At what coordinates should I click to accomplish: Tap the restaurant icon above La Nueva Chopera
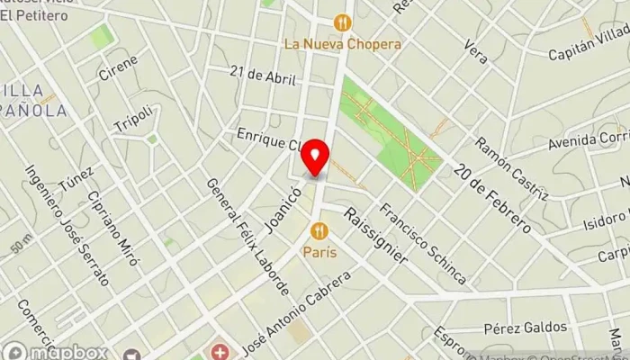342,22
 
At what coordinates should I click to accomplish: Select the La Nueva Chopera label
342,43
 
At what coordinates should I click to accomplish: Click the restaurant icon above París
319,231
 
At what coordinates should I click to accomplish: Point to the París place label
319,252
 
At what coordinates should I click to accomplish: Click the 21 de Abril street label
263,76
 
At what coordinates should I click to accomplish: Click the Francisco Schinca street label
423,244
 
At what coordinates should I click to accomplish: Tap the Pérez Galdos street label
526,327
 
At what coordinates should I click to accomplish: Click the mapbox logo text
67,352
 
